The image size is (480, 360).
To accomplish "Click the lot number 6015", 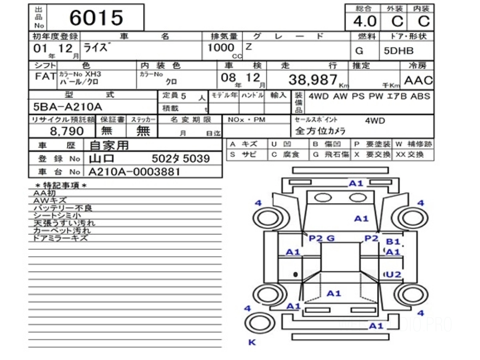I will point(96,17).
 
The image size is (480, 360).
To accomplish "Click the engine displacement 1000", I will point(221,48).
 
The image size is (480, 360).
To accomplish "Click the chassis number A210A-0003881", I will point(134,172).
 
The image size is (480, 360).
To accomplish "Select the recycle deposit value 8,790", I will point(67,131).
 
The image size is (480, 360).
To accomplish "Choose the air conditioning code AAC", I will point(418,80).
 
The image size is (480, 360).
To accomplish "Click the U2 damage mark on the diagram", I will point(393,274).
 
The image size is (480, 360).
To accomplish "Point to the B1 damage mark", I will point(392,242).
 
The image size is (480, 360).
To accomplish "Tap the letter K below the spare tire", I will point(252,342).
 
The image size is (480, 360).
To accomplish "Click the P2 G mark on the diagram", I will point(321,238).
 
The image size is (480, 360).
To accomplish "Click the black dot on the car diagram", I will point(295,274).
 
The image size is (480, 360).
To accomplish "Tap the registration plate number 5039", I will point(196,159).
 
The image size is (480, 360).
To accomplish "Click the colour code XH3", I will point(93,74).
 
